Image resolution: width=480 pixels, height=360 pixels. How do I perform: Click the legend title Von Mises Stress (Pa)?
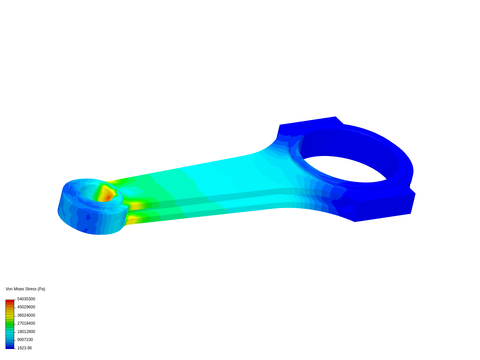[x=25, y=289]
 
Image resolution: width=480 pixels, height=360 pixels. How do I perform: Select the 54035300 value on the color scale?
[x=26, y=299]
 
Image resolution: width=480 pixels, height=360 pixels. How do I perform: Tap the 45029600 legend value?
[x=26, y=307]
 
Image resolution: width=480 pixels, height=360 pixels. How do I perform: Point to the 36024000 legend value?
[x=26, y=315]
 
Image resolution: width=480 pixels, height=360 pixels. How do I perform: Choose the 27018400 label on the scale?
[x=26, y=323]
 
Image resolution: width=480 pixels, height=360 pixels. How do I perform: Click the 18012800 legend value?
[x=26, y=332]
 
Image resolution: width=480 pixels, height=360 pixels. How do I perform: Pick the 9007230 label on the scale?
[x=25, y=340]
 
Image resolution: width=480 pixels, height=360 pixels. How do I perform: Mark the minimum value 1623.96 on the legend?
[x=24, y=348]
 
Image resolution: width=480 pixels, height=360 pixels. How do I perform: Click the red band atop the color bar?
[x=10, y=301]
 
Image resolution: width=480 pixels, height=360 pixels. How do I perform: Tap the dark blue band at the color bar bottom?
[x=10, y=347]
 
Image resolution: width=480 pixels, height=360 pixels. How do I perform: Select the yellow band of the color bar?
[x=10, y=314]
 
